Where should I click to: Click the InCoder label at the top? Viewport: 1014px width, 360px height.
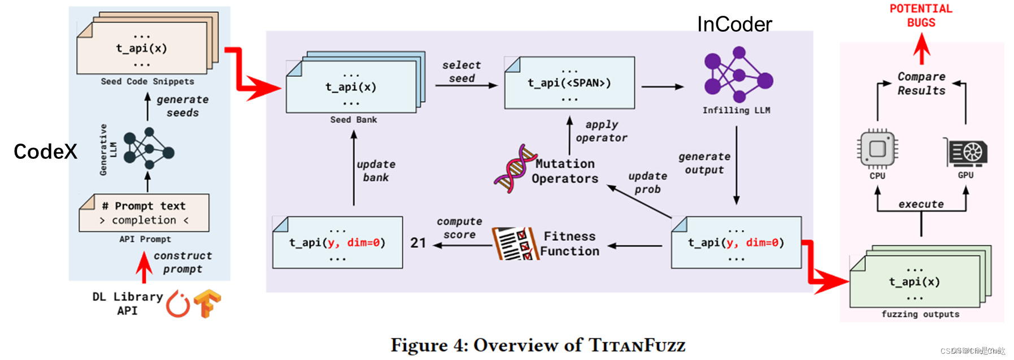click(x=734, y=24)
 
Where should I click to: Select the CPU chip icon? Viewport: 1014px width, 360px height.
click(x=877, y=149)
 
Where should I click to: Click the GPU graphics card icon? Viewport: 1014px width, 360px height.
click(x=967, y=152)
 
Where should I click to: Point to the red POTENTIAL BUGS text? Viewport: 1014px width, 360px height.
click(x=921, y=16)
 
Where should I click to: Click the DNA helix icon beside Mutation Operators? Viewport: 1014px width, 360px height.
click(x=513, y=169)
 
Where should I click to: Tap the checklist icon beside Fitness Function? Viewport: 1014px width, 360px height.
click(x=513, y=244)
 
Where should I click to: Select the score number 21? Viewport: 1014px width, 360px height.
click(x=418, y=243)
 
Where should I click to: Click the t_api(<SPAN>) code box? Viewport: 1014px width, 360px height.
click(x=569, y=83)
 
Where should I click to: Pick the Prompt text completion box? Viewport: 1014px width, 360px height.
click(x=144, y=213)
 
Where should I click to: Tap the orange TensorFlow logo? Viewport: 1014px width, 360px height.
click(x=207, y=303)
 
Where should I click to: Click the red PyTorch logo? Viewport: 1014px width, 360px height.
click(x=178, y=304)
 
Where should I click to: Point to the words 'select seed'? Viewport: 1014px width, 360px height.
click(x=462, y=72)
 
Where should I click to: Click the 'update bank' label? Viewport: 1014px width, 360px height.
click(x=376, y=171)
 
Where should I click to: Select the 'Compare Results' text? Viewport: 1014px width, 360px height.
click(x=921, y=84)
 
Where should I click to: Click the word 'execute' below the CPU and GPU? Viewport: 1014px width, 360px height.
click(x=921, y=204)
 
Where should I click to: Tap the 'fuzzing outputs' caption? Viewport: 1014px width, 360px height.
click(x=920, y=314)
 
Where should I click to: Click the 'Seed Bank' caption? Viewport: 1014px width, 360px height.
click(x=354, y=120)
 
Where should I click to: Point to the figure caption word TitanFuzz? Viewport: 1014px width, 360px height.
click(x=637, y=345)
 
